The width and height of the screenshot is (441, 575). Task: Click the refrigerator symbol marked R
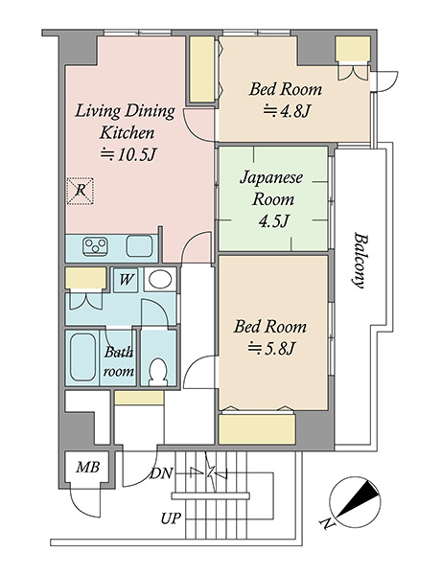click(81, 191)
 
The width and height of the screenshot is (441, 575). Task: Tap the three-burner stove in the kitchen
click(96, 246)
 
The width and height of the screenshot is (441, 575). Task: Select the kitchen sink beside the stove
click(139, 245)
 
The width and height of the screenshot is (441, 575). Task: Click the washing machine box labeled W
click(126, 280)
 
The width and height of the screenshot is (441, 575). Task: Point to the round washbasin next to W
click(160, 280)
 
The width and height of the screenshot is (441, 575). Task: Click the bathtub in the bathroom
click(82, 357)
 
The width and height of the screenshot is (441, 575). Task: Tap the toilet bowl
click(158, 372)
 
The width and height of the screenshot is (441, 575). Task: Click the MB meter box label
click(88, 468)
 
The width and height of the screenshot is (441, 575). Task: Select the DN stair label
click(161, 473)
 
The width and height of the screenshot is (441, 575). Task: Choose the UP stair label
click(171, 518)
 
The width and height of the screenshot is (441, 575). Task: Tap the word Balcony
click(359, 260)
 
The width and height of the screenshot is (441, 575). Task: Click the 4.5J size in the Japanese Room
click(273, 221)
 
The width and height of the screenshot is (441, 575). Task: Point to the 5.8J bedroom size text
click(271, 348)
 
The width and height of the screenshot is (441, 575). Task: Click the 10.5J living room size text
click(128, 154)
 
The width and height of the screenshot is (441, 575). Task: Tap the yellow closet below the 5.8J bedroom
click(257, 429)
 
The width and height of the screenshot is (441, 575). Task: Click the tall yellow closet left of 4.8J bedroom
click(201, 69)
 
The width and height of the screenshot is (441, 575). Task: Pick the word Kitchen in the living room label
click(127, 133)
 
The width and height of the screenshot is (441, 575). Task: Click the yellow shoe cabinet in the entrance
click(139, 398)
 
